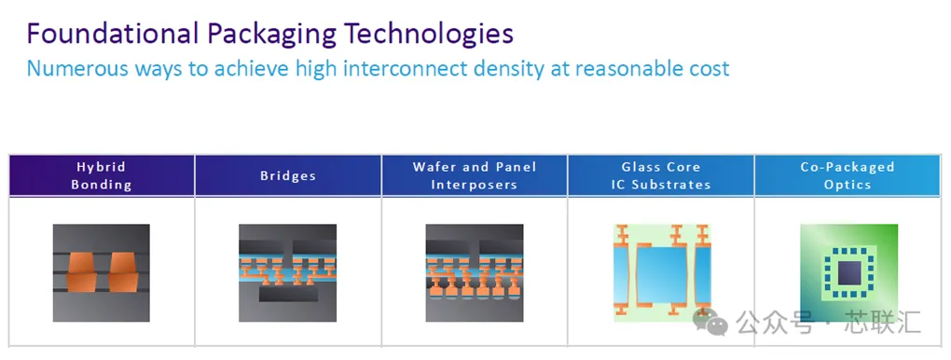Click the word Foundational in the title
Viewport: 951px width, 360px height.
pos(113,34)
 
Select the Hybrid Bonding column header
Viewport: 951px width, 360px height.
pos(102,175)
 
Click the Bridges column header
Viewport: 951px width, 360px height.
pos(288,175)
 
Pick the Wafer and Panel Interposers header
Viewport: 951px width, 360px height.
pos(475,175)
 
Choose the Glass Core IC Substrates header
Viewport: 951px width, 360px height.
pos(661,175)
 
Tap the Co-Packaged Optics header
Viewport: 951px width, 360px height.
pos(848,175)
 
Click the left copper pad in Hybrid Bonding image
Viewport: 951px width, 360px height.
pos(81,272)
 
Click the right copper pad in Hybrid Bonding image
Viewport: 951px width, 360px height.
pos(124,272)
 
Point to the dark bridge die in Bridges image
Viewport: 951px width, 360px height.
pos(288,294)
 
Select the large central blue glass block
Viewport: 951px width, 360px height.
pos(662,275)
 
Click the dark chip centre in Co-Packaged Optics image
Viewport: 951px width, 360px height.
pos(848,272)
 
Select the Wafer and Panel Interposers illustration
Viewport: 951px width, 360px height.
pos(475,272)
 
